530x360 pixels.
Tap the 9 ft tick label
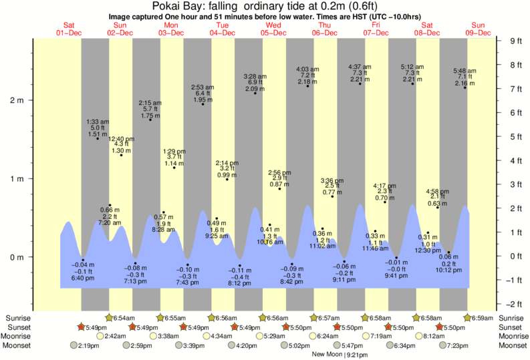click(515, 41)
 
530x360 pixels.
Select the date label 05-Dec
click(274, 33)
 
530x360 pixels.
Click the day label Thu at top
click(325, 25)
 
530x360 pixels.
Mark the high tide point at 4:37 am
click(360, 83)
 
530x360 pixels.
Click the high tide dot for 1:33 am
click(98, 138)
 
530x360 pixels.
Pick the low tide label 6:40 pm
click(83, 277)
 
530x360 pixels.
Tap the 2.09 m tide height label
click(255, 89)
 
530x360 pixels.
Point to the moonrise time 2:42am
click(116, 336)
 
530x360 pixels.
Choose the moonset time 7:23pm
click(458, 345)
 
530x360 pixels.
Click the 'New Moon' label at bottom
click(327, 355)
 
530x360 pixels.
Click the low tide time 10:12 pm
click(449, 271)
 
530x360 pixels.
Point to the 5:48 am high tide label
click(465, 71)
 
